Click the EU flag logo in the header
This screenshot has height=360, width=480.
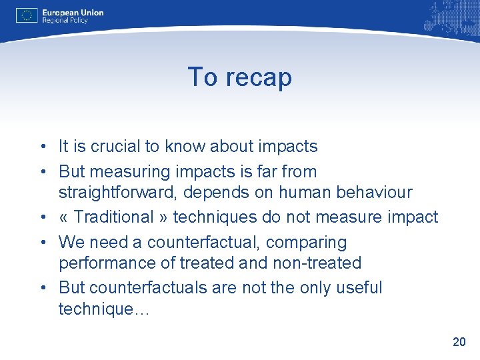point(27,15)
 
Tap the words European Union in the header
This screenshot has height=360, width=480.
point(73,12)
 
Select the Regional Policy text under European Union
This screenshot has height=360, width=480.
point(66,21)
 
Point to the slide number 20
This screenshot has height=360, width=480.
point(459,342)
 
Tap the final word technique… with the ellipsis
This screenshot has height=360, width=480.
point(105,310)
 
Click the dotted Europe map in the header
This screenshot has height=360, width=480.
point(447,19)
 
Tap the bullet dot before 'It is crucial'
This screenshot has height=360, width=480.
point(41,147)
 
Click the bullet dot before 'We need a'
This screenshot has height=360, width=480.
point(41,242)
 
